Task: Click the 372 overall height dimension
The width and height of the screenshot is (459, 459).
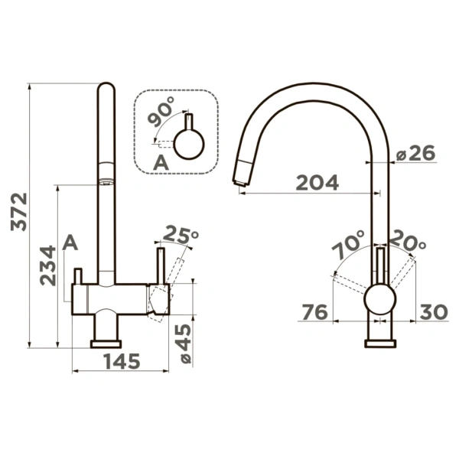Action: click(19, 212)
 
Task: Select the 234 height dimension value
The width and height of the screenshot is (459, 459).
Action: click(47, 265)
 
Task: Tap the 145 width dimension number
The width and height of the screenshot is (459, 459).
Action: click(122, 361)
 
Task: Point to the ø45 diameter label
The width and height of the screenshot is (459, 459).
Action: click(185, 343)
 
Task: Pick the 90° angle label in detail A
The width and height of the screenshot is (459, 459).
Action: click(161, 112)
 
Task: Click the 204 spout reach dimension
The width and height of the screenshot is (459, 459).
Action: click(317, 183)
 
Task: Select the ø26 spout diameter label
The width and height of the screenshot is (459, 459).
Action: click(415, 154)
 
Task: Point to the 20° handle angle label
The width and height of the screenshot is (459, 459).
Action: click(407, 241)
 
